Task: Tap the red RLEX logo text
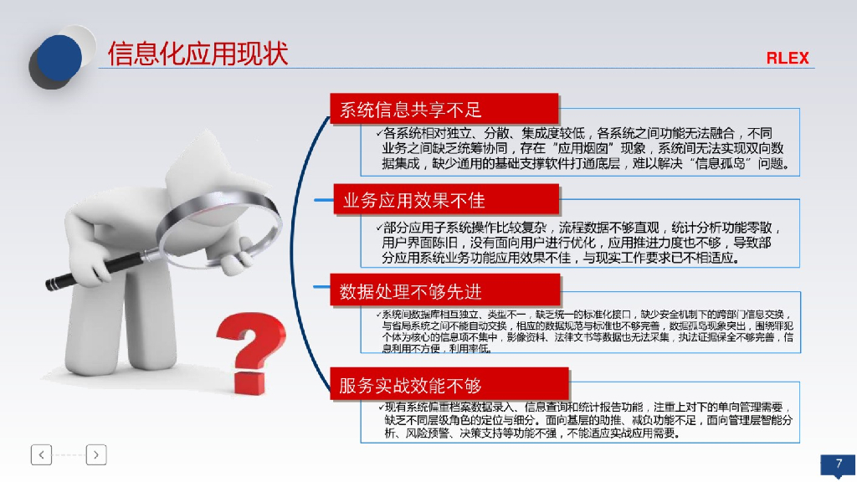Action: click(788, 59)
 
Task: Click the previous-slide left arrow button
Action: click(42, 454)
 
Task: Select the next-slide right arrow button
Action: click(96, 454)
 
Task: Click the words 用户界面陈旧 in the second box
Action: click(417, 242)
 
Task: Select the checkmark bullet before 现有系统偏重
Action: click(379, 406)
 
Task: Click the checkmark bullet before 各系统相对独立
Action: click(379, 133)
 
